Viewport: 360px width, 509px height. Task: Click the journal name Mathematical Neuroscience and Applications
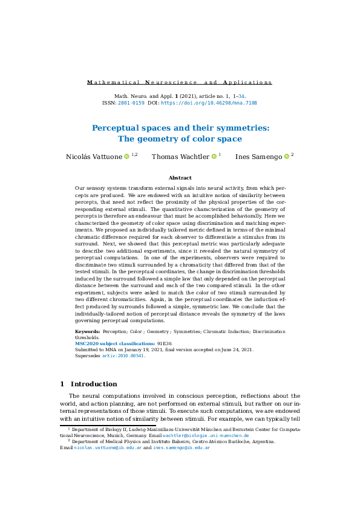pos(180,82)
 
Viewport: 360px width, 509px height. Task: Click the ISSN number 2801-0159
pos(131,103)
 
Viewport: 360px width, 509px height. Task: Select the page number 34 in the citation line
pos(241,96)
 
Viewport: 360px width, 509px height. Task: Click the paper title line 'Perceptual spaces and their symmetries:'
pos(180,128)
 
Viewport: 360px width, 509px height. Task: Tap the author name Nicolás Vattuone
pos(93,157)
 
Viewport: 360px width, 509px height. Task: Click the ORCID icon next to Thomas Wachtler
pos(214,157)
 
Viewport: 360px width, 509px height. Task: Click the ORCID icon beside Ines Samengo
pos(286,157)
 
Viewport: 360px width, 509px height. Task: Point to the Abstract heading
pos(180,178)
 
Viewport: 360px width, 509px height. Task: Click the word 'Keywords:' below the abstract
pos(88,332)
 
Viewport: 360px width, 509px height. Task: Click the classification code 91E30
pos(165,343)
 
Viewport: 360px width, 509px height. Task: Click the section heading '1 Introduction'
pos(89,384)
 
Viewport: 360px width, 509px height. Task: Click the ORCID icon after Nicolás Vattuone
pos(127,157)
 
